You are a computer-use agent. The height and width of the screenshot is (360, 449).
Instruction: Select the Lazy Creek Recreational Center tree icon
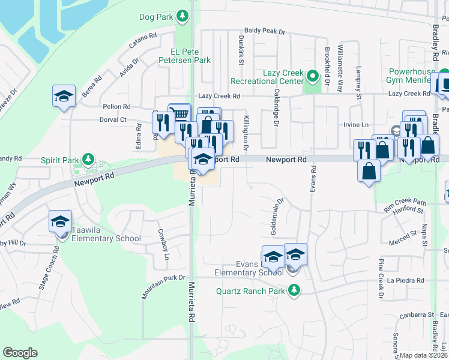pos(312,76)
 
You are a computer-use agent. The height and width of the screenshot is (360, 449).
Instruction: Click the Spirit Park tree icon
pos(89,159)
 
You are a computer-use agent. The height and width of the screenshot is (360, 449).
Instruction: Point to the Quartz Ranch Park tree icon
pos(294,291)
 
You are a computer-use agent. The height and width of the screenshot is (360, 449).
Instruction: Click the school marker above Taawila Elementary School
pos(61,221)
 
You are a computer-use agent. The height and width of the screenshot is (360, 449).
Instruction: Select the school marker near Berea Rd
pos(64,96)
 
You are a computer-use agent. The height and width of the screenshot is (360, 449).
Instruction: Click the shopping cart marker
pos(179,113)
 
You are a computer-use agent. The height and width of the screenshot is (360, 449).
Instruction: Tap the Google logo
pos(20,353)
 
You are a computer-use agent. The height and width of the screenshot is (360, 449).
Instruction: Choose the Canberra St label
pos(418,314)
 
